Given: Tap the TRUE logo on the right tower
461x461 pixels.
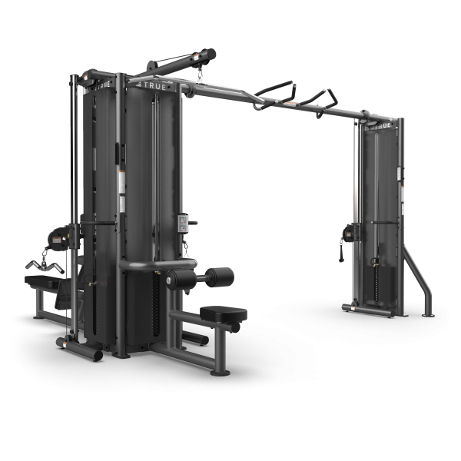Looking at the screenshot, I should [x=383, y=124].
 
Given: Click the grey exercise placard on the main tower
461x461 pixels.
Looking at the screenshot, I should [x=184, y=223].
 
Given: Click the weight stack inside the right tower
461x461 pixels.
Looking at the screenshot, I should [x=376, y=277].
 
